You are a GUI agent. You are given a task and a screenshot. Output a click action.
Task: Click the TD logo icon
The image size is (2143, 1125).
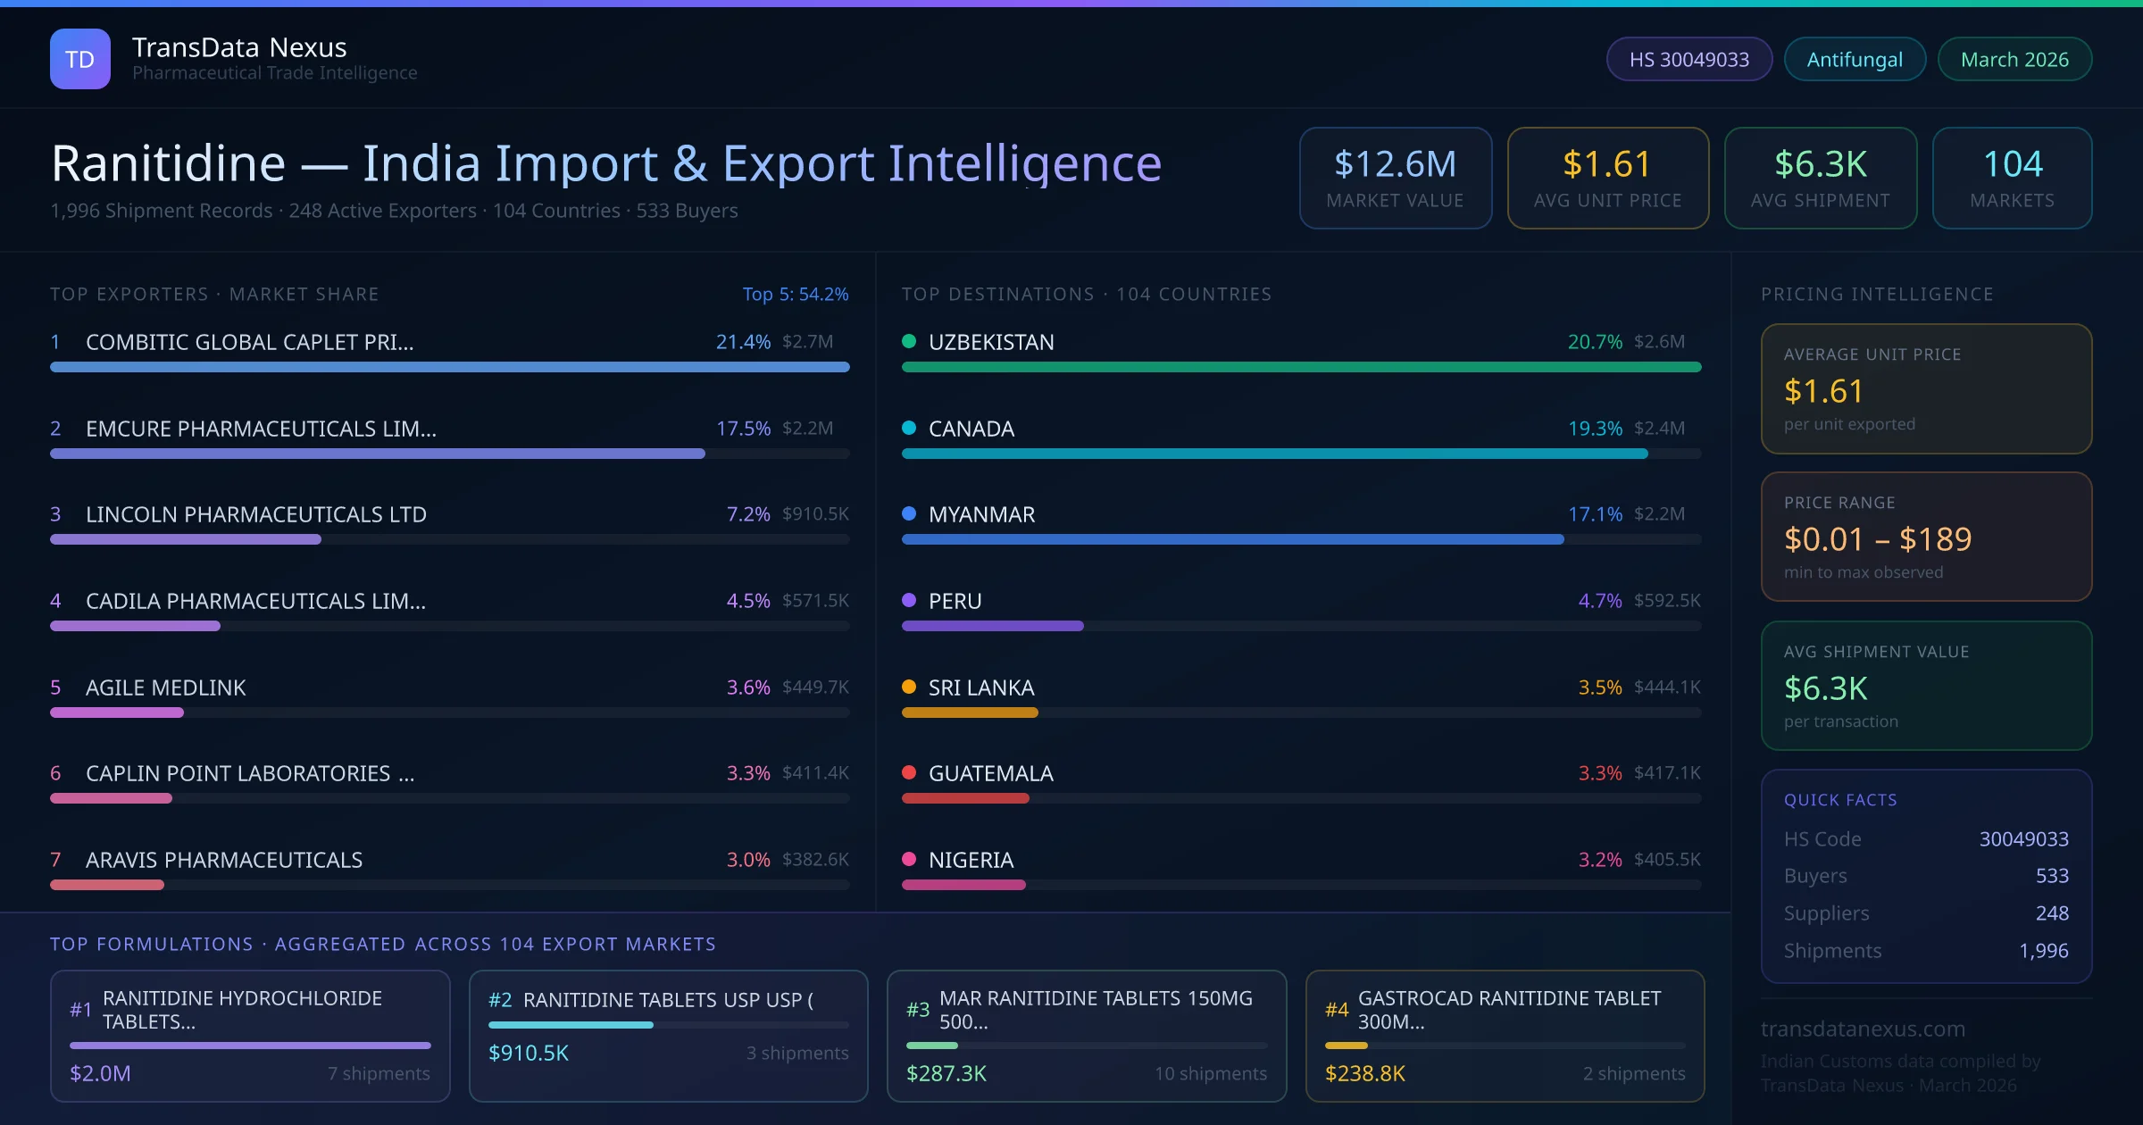pyautogui.click(x=79, y=59)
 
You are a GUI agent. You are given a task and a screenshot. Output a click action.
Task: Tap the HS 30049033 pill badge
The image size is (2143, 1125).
pyautogui.click(x=1689, y=59)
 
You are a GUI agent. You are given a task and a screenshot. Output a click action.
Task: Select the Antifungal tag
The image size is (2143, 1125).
pyautogui.click(x=1854, y=59)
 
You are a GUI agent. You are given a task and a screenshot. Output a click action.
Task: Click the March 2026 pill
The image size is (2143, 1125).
pyautogui.click(x=2014, y=59)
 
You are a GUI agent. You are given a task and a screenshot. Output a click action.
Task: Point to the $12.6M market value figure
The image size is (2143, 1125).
pyautogui.click(x=1395, y=164)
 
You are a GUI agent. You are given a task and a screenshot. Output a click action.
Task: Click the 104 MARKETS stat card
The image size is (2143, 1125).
pyautogui.click(x=2011, y=178)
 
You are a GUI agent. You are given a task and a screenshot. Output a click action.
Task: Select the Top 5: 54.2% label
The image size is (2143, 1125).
pyautogui.click(x=795, y=294)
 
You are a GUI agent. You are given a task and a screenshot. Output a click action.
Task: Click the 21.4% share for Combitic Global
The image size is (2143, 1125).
pyautogui.click(x=742, y=342)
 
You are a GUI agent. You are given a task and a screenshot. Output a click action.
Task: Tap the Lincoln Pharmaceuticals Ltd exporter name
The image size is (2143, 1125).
pyautogui.click(x=255, y=514)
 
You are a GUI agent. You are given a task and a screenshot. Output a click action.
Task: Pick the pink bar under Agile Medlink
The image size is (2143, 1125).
pyautogui.click(x=117, y=712)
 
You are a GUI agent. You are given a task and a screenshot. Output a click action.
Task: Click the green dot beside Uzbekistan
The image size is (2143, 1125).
pyautogui.click(x=909, y=341)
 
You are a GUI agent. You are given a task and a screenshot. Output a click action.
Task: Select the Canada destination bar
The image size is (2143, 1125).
pyautogui.click(x=1273, y=454)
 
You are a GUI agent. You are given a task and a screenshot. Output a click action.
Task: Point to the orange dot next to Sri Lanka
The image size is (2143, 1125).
pyautogui.click(x=909, y=687)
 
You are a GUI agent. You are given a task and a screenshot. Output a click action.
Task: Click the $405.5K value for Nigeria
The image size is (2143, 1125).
pyautogui.click(x=1666, y=859)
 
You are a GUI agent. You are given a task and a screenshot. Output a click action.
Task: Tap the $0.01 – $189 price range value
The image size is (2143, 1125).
pyautogui.click(x=1877, y=539)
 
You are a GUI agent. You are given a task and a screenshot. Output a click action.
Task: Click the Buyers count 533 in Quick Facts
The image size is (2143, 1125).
pyautogui.click(x=2051, y=876)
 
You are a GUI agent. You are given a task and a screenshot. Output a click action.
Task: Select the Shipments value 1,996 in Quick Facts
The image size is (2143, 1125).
pyautogui.click(x=2043, y=951)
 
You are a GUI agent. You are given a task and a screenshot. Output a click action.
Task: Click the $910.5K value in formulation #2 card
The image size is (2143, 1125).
pyautogui.click(x=528, y=1053)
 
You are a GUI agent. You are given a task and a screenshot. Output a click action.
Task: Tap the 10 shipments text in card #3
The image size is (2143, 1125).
pyautogui.click(x=1210, y=1073)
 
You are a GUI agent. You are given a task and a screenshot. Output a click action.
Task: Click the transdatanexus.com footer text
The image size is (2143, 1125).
pyautogui.click(x=1862, y=1029)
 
